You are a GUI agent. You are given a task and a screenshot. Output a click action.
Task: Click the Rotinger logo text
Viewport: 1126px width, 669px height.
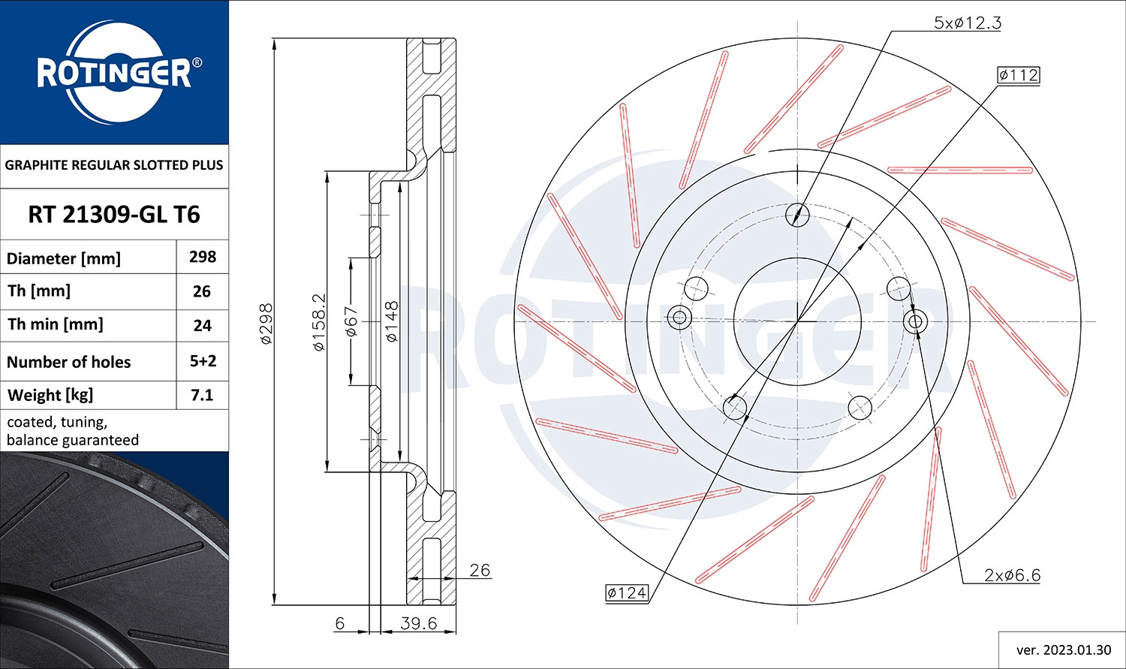(x=114, y=74)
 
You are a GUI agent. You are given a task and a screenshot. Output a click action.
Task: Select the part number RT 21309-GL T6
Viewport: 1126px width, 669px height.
(x=114, y=215)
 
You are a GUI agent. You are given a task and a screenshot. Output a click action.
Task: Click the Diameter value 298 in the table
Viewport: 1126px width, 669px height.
(x=203, y=257)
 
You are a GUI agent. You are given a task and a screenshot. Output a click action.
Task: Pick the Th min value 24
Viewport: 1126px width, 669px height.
(x=203, y=325)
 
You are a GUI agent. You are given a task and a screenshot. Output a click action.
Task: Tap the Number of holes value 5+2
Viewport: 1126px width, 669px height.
(x=203, y=361)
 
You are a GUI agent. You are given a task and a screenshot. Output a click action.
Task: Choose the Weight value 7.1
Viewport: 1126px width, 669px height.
(x=203, y=395)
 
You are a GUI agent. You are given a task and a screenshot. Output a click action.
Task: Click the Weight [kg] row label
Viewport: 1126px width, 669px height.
(x=50, y=395)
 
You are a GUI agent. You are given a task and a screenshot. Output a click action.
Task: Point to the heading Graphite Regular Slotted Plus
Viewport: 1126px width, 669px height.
(x=114, y=165)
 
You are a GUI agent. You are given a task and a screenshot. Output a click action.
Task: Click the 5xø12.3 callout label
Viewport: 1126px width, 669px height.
(x=967, y=23)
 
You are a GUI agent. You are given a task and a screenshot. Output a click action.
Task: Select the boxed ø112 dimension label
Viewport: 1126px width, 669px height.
(x=1018, y=75)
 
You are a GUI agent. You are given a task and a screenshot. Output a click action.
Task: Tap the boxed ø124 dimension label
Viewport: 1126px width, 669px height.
(x=626, y=593)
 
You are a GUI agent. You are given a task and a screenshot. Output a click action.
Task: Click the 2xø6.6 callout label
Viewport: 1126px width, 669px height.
(x=1012, y=575)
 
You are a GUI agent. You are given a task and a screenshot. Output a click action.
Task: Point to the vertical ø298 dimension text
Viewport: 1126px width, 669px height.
(x=266, y=324)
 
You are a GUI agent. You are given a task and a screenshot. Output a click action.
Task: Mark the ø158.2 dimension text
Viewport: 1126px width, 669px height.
(x=319, y=322)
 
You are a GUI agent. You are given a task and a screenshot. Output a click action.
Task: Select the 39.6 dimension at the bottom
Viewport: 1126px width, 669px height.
(x=418, y=623)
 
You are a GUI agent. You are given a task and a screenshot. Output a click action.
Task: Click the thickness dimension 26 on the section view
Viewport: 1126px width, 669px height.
(x=479, y=570)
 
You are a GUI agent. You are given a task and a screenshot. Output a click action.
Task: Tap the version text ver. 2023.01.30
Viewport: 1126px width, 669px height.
(x=1061, y=650)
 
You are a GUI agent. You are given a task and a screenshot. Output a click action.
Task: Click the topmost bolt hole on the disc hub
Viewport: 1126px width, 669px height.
(x=797, y=215)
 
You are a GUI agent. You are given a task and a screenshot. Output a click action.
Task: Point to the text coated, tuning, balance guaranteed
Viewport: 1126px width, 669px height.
(x=73, y=431)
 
